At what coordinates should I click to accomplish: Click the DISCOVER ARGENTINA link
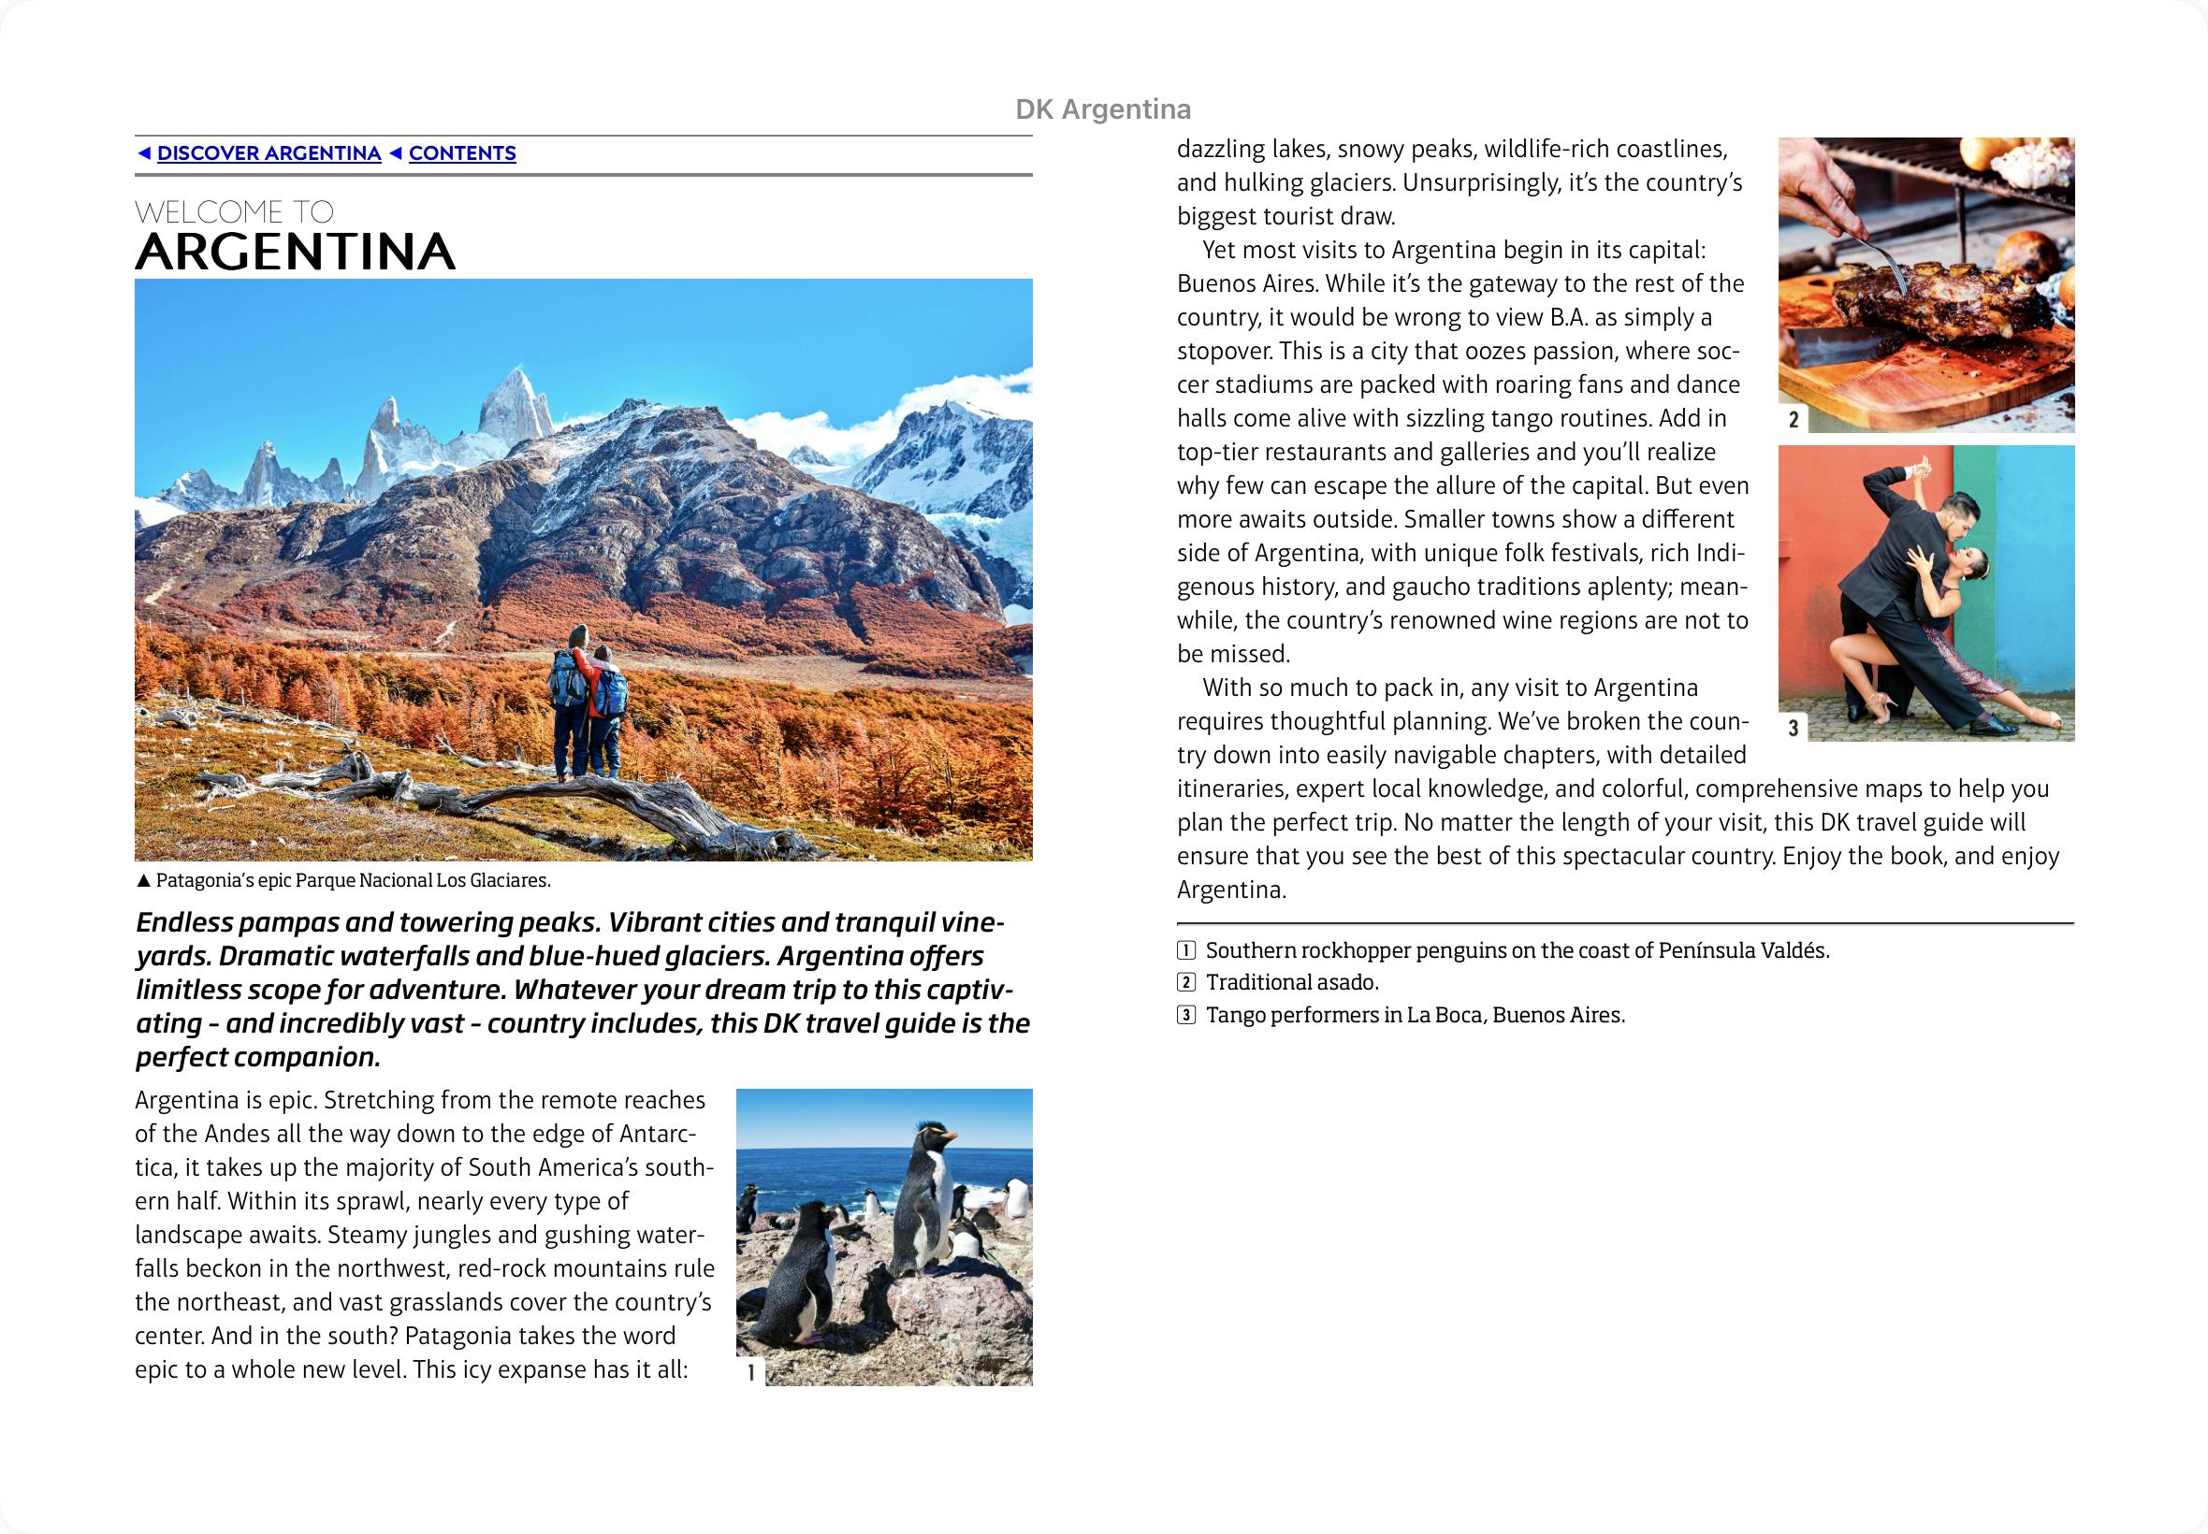point(269,153)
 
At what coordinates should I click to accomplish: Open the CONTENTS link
point(461,153)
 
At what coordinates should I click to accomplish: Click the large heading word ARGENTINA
point(294,252)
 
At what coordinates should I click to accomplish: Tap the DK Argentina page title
point(1102,109)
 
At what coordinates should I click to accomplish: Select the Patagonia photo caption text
point(352,880)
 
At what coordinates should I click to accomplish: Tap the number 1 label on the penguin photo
point(750,1372)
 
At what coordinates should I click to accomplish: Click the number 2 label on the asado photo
point(1793,419)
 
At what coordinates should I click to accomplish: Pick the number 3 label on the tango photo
point(1793,728)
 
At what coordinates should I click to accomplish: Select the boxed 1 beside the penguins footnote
point(1186,950)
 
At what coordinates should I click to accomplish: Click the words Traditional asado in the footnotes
point(1292,982)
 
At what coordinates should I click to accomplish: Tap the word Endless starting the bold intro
point(183,922)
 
